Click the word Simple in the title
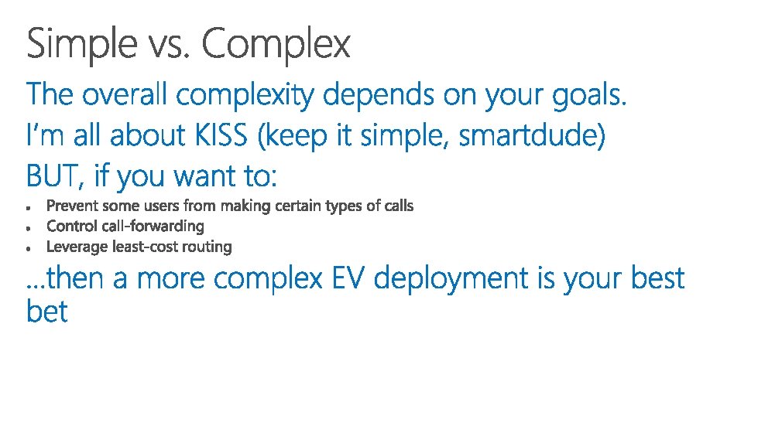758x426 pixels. pyautogui.click(x=82, y=44)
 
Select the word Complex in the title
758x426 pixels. pyautogui.click(x=276, y=44)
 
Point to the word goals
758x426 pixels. pyautogui.click(x=589, y=96)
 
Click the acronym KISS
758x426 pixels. pyautogui.click(x=221, y=135)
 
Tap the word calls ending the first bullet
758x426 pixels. pyautogui.click(x=399, y=206)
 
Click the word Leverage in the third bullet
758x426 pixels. pyautogui.click(x=77, y=247)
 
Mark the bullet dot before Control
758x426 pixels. pyautogui.click(x=29, y=228)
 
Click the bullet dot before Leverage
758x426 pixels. pyautogui.click(x=29, y=249)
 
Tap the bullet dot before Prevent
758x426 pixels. pyautogui.click(x=29, y=208)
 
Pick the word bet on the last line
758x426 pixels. pyautogui.click(x=47, y=311)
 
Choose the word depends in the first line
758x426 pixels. pyautogui.click(x=379, y=94)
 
